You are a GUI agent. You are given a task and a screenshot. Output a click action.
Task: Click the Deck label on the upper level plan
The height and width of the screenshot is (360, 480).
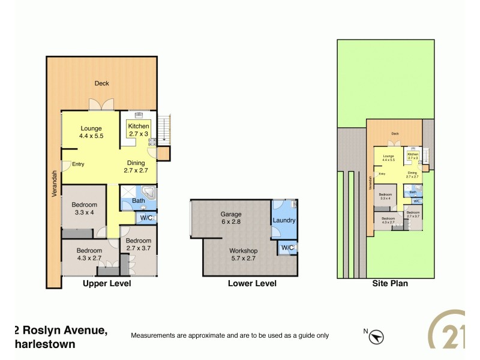(101, 83)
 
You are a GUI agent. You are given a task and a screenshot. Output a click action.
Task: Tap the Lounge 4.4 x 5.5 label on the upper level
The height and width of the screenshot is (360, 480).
(91, 132)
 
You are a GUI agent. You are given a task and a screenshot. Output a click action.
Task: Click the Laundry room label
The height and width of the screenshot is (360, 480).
(284, 220)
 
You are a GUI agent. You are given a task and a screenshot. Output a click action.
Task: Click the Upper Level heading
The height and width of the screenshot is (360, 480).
(107, 283)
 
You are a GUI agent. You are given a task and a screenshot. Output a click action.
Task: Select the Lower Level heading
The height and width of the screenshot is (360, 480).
(252, 283)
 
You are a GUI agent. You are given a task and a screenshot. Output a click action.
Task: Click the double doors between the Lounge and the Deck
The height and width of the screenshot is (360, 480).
(101, 104)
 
